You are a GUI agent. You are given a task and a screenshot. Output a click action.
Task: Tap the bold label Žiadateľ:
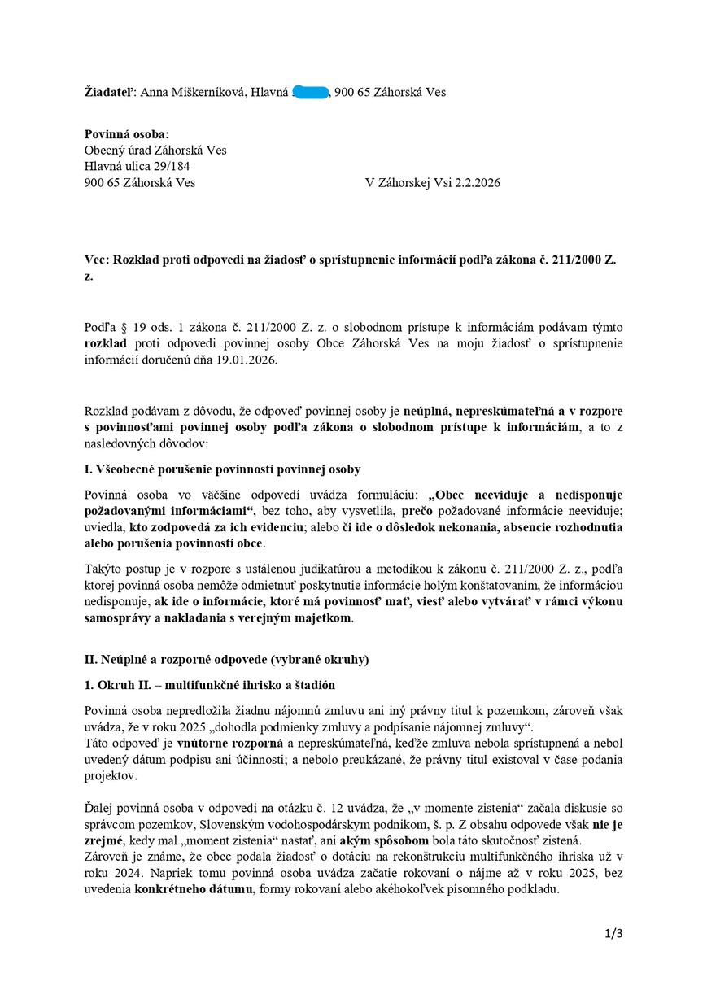pyautogui.click(x=111, y=92)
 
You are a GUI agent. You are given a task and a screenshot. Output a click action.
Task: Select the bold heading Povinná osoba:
pyautogui.click(x=127, y=134)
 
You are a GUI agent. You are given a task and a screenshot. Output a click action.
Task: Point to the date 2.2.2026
pyautogui.click(x=473, y=182)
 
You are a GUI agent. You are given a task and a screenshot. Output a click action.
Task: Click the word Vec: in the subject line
pyautogui.click(x=97, y=259)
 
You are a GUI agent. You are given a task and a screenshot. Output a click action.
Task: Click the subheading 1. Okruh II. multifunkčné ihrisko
pyautogui.click(x=209, y=685)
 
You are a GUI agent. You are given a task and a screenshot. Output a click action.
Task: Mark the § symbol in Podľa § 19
pyautogui.click(x=123, y=327)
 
